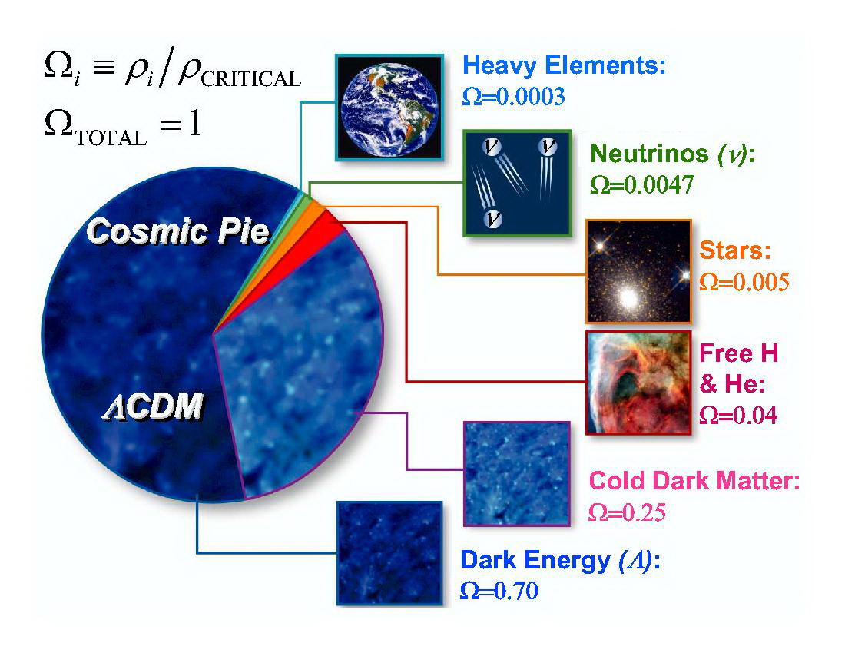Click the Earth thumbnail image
pyautogui.click(x=389, y=108)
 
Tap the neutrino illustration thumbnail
pyautogui.click(x=517, y=183)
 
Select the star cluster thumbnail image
pyautogui.click(x=638, y=271)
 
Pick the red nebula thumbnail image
pyautogui.click(x=638, y=383)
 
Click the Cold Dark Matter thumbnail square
pyautogui.click(x=517, y=473)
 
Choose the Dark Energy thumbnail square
pyautogui.click(x=389, y=553)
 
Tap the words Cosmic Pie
pyautogui.click(x=178, y=232)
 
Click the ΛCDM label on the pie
pyautogui.click(x=153, y=406)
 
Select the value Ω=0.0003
pyautogui.click(x=514, y=97)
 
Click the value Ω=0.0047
pyautogui.click(x=642, y=185)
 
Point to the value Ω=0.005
pyautogui.click(x=744, y=282)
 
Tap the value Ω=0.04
pyautogui.click(x=738, y=415)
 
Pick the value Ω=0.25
pyautogui.click(x=627, y=512)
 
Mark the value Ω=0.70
pyautogui.click(x=499, y=591)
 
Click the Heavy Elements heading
pyautogui.click(x=565, y=66)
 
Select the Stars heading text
pyautogui.click(x=735, y=250)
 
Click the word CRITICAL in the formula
pyautogui.click(x=250, y=79)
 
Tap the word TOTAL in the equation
pyautogui.click(x=111, y=138)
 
